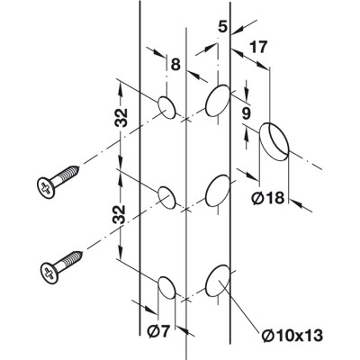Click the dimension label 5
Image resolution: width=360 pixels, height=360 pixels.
coord(222,27)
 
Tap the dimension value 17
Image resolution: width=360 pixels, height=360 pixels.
coord(258,48)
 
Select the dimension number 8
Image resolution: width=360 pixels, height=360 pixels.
coord(175,64)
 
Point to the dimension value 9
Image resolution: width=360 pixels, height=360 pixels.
coord(246,113)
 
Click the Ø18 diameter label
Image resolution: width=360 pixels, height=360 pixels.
coord(267,198)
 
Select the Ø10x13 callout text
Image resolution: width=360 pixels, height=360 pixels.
coord(292,336)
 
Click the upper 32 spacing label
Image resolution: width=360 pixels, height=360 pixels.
coord(120,117)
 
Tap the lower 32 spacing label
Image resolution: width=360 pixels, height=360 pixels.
coord(119,214)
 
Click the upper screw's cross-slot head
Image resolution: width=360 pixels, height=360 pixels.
coord(46,188)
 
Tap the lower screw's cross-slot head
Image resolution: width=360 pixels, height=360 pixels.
coord(49,273)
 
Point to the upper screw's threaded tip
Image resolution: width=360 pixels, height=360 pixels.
coord(77,168)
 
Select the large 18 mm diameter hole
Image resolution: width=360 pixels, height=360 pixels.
coord(274,141)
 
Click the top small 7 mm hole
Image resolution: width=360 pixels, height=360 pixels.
coord(166,107)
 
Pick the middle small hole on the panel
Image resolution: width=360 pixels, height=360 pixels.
coord(166,197)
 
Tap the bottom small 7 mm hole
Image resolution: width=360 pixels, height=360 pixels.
coord(166,287)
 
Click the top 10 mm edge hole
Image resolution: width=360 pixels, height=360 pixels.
coord(218,101)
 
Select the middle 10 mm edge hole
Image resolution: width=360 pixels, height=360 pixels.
coord(218,191)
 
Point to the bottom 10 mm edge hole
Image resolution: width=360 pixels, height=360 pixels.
coord(218,281)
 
